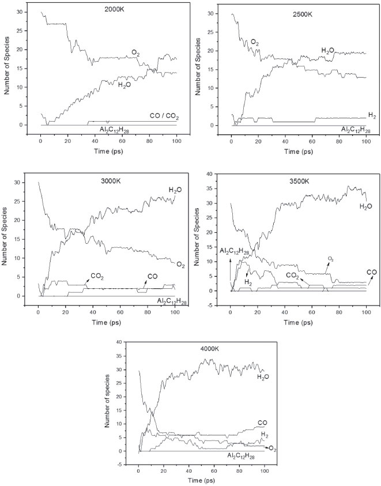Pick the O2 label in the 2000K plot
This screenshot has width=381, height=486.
[x=136, y=54]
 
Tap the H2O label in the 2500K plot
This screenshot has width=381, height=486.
[x=330, y=51]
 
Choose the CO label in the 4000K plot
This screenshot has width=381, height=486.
[x=262, y=423]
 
